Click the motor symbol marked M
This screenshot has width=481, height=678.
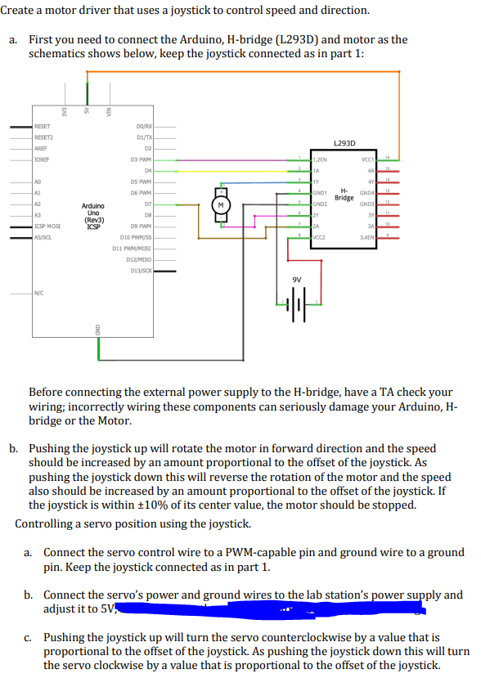click(220, 205)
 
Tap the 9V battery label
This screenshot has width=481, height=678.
click(297, 279)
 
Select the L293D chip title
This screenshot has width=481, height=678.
click(344, 142)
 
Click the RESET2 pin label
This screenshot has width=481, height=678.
click(43, 137)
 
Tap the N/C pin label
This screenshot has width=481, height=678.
click(39, 292)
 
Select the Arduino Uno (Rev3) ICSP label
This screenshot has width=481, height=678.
click(93, 215)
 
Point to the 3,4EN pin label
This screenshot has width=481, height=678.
click(366, 236)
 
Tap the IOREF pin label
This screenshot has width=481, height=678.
click(42, 159)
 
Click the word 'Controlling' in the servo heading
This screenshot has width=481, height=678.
click(47, 523)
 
